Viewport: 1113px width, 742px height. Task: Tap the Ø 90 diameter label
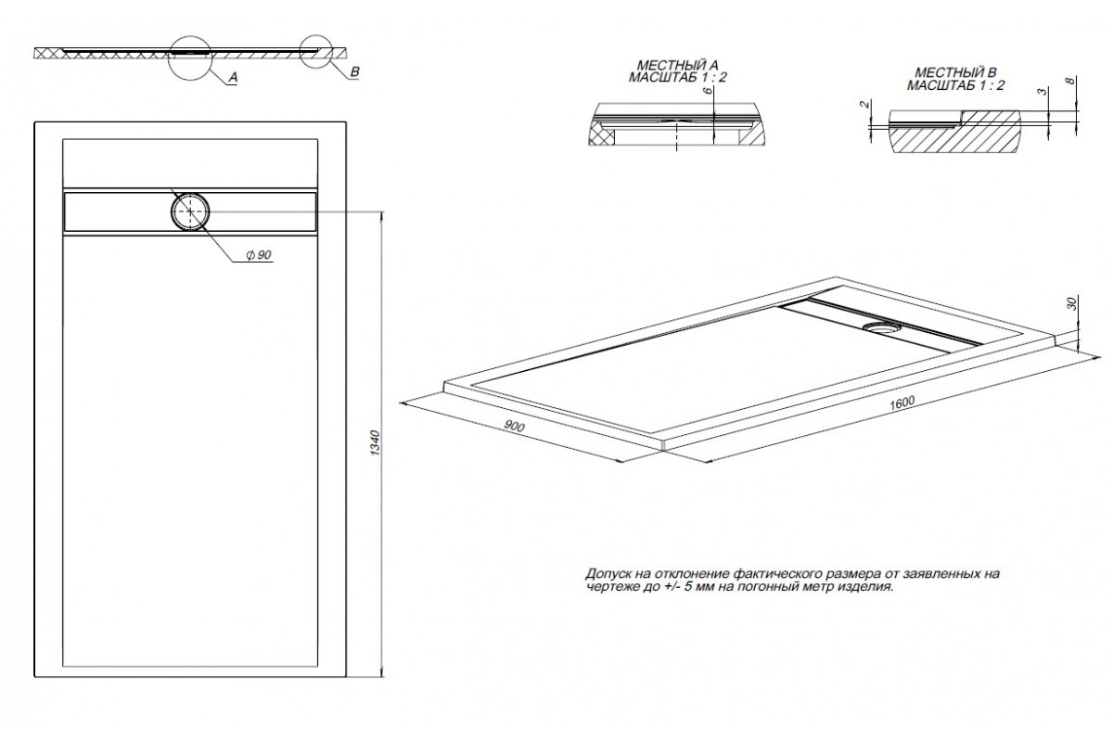(x=259, y=255)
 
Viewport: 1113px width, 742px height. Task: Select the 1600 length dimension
(x=902, y=403)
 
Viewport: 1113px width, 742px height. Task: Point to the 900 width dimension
(x=514, y=426)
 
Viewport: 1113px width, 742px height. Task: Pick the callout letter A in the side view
(x=233, y=78)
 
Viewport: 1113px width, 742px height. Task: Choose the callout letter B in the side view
(x=354, y=72)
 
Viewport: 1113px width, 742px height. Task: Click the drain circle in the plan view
(x=190, y=211)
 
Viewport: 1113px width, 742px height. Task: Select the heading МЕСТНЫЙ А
(x=678, y=66)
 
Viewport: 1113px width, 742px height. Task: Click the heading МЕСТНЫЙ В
(x=956, y=73)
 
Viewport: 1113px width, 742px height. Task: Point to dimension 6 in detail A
(x=708, y=91)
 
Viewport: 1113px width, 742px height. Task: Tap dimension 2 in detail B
(x=865, y=104)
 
